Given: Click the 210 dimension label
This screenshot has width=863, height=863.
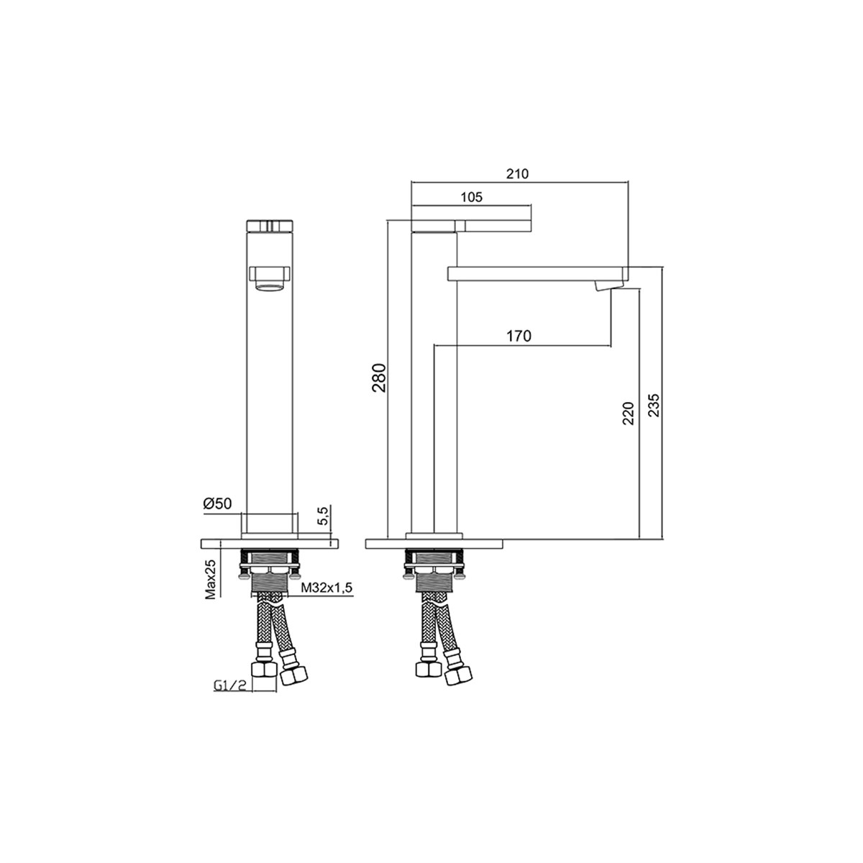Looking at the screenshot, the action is [517, 174].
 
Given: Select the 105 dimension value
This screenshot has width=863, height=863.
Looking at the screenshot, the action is [472, 197].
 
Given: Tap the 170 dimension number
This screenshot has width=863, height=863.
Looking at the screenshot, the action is [519, 336].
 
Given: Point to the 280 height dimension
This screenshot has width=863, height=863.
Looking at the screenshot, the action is [379, 378].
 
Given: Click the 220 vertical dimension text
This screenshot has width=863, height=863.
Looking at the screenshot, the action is [629, 414].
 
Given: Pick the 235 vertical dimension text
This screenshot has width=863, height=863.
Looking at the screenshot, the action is [654, 406].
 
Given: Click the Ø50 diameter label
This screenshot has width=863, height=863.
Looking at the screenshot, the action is [218, 503].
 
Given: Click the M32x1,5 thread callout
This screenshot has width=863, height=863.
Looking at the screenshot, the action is [327, 588].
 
